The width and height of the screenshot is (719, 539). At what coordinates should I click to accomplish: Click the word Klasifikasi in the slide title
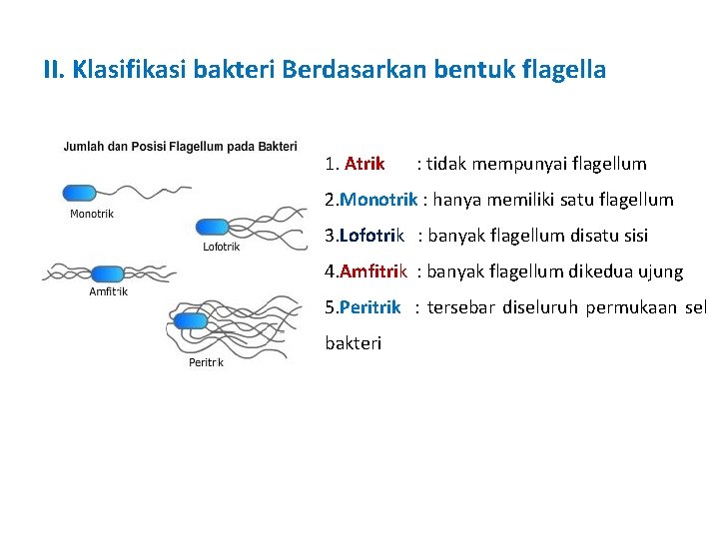click(123, 71)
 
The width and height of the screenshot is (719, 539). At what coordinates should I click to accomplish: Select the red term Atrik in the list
click(364, 164)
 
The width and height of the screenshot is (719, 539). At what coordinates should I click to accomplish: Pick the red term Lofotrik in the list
click(371, 236)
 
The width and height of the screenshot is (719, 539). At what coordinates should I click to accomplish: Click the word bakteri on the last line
click(354, 343)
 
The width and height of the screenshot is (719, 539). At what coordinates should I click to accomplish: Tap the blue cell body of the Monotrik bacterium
click(80, 193)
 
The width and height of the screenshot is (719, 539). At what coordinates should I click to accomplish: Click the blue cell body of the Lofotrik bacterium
click(212, 228)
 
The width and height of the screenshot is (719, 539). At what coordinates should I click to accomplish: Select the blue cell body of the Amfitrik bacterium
click(107, 273)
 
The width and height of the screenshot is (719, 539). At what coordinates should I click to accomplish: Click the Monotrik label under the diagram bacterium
click(92, 214)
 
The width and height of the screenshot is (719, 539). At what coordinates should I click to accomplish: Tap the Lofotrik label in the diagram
click(221, 248)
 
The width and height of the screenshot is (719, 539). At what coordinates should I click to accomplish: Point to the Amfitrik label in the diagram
click(108, 292)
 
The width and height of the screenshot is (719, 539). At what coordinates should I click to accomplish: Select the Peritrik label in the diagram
click(206, 362)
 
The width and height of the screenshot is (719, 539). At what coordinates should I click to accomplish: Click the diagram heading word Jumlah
click(84, 147)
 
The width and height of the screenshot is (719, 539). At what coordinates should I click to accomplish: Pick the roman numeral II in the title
click(54, 71)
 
